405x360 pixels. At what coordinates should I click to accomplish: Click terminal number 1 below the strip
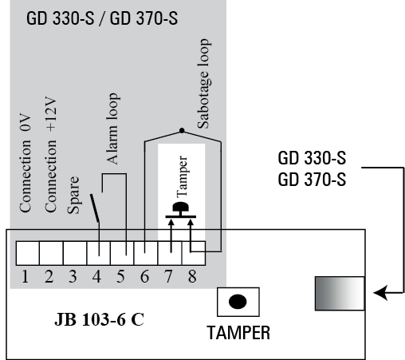click(x=25, y=276)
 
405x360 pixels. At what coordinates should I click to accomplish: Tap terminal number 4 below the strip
click(x=96, y=276)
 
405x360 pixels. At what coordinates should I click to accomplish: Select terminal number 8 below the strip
click(x=192, y=276)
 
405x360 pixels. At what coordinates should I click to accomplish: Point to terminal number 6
click(x=144, y=276)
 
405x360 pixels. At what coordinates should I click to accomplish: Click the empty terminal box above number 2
click(x=51, y=253)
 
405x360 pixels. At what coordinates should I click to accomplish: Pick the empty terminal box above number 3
click(x=75, y=253)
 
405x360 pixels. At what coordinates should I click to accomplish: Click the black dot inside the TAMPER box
click(x=238, y=302)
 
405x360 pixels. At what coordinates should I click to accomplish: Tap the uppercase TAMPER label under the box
click(x=238, y=333)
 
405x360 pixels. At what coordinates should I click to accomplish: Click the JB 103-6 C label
click(x=99, y=319)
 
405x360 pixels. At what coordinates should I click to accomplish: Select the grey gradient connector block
click(x=340, y=294)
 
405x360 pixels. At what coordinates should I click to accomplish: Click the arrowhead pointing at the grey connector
click(x=380, y=293)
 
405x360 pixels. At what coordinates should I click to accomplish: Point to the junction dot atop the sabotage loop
click(x=182, y=131)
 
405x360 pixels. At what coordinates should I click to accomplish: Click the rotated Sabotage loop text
click(x=204, y=84)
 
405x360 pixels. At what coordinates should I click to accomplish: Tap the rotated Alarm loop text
click(x=112, y=129)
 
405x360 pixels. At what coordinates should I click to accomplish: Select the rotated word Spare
click(x=73, y=195)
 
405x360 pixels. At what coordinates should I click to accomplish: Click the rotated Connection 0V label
click(x=26, y=163)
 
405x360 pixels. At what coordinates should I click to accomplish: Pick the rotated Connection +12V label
click(x=50, y=154)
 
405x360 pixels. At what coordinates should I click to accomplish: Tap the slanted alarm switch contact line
click(x=95, y=208)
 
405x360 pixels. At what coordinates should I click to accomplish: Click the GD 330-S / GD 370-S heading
click(x=102, y=18)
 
